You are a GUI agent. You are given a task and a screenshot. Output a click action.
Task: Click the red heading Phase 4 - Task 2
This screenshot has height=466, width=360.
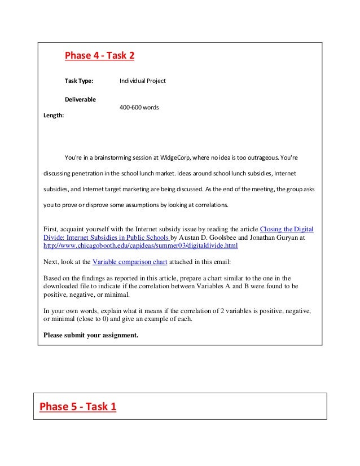(99, 56)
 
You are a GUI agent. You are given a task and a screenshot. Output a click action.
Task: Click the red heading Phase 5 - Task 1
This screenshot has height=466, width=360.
(78, 406)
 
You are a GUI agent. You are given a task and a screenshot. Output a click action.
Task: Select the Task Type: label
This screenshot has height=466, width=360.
(78, 81)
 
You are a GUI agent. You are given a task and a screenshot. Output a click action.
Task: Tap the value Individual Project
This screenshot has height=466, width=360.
(143, 81)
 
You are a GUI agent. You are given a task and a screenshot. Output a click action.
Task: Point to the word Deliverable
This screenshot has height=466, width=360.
(80, 99)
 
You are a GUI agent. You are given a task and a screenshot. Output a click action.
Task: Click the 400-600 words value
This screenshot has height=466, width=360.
(139, 107)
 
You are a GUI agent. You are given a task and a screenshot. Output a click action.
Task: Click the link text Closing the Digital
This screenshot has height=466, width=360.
(286, 230)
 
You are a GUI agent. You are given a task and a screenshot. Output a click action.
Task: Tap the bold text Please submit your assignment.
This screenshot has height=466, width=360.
(91, 335)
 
